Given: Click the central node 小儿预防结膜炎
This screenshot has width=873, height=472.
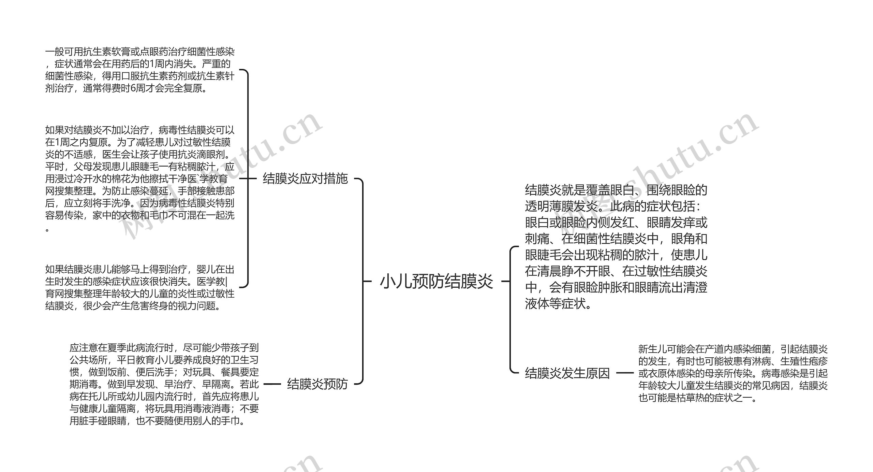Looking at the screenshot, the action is point(436,282).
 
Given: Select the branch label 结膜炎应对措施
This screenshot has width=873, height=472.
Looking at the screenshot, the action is point(305,178).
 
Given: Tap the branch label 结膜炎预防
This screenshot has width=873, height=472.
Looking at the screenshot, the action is point(317,384).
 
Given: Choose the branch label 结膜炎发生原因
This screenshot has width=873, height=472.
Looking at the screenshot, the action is point(567,373).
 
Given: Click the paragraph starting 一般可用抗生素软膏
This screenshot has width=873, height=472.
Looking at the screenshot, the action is point(140,70).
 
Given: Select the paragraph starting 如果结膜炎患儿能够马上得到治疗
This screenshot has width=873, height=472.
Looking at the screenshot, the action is point(140,288).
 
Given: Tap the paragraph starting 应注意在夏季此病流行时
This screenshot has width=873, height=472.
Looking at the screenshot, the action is point(164,384).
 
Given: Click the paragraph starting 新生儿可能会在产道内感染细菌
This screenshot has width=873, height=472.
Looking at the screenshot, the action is point(733,373).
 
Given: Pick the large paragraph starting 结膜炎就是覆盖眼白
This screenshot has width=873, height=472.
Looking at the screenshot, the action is point(616,246).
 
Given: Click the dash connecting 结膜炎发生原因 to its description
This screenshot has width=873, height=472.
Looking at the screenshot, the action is point(624,373).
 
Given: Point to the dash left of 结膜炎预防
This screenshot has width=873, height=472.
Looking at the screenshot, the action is point(272,384).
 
